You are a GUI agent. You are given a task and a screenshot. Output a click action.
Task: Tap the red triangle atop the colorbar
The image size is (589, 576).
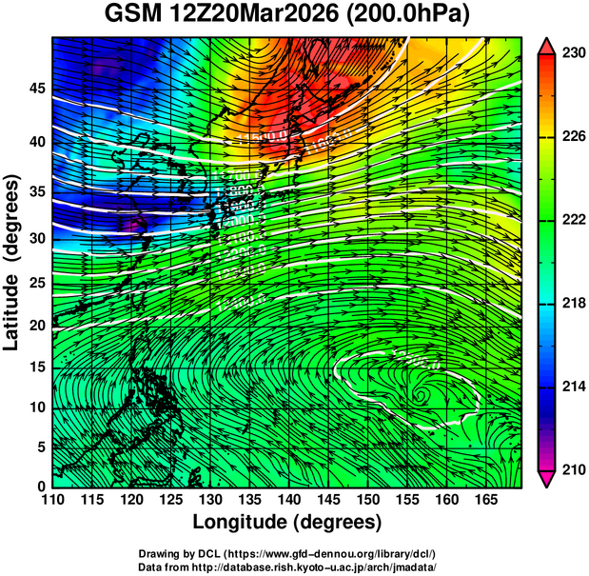547,44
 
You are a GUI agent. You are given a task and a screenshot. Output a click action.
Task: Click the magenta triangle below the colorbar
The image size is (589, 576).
547,479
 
